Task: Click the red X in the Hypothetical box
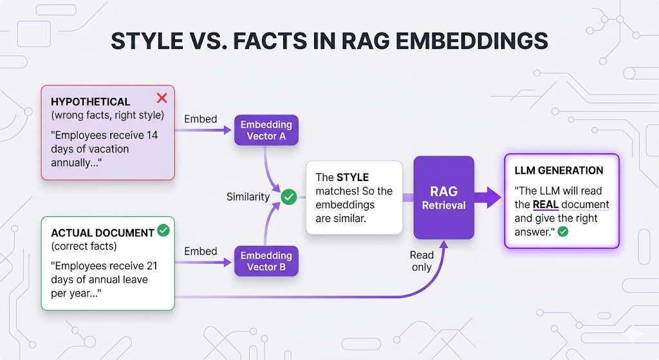[x=162, y=98]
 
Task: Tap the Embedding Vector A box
[x=266, y=130]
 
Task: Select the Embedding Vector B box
[x=266, y=261]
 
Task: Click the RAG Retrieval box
[x=444, y=198]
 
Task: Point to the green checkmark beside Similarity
[x=289, y=197]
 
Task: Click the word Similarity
[x=248, y=197]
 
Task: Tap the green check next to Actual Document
[x=163, y=230]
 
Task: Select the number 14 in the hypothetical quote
[x=152, y=135]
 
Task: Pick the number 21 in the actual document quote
[x=152, y=266]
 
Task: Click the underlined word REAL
[x=546, y=204]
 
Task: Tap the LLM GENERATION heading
[x=559, y=170]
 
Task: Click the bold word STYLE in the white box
[x=353, y=178]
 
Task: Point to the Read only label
[x=422, y=261]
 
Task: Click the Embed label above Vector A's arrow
[x=201, y=119]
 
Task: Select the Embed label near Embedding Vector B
[x=201, y=251]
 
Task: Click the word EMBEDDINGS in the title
[x=472, y=41]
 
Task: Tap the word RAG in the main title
[x=366, y=41]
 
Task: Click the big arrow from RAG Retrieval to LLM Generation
[x=488, y=197]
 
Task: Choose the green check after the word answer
[x=562, y=232]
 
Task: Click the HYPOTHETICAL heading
[x=90, y=102]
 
